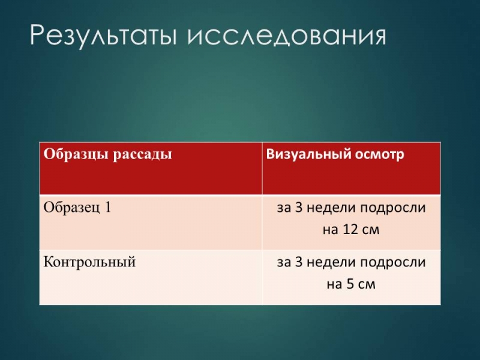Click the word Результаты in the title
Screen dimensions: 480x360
[103, 35]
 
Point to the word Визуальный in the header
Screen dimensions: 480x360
[308, 154]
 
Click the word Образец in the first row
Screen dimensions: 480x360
[71, 208]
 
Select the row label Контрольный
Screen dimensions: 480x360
[89, 262]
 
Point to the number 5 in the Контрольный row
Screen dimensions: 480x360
[350, 284]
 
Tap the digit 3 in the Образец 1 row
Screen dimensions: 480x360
[298, 208]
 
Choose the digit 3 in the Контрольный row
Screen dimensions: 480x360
[298, 262]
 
